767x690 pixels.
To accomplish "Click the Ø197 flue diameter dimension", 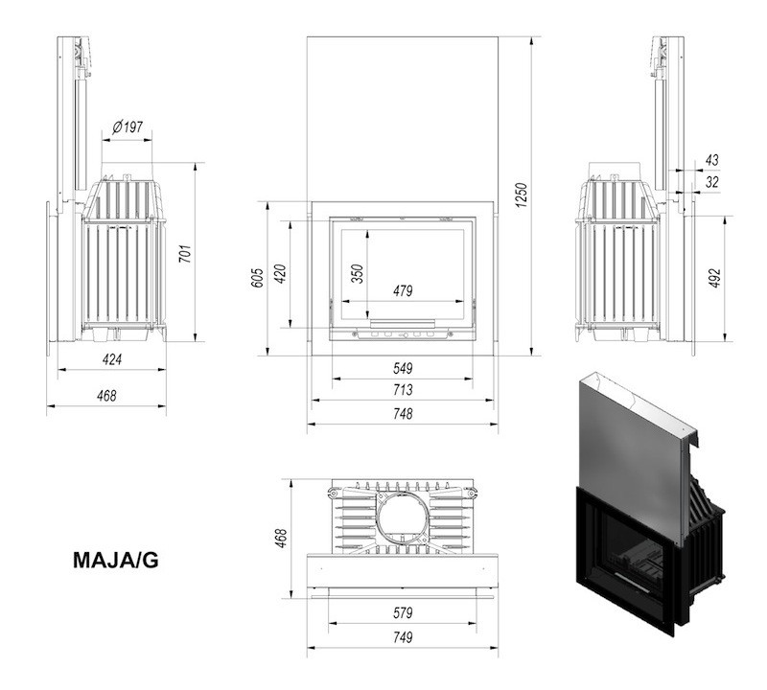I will [128, 126].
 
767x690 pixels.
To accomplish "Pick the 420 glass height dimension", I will [281, 274].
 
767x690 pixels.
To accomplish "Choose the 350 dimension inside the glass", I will [357, 273].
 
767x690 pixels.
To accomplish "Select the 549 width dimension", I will [403, 367].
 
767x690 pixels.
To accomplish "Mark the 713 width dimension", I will [403, 390].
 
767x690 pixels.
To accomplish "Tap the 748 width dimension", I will [403, 414].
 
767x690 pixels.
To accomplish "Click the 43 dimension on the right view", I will [711, 159].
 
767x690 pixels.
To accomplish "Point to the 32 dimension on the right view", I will [711, 181].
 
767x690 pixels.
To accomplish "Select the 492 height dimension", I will [714, 278].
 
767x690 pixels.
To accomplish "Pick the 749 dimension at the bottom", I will [403, 637].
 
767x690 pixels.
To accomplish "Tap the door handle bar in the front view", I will [403, 322].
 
